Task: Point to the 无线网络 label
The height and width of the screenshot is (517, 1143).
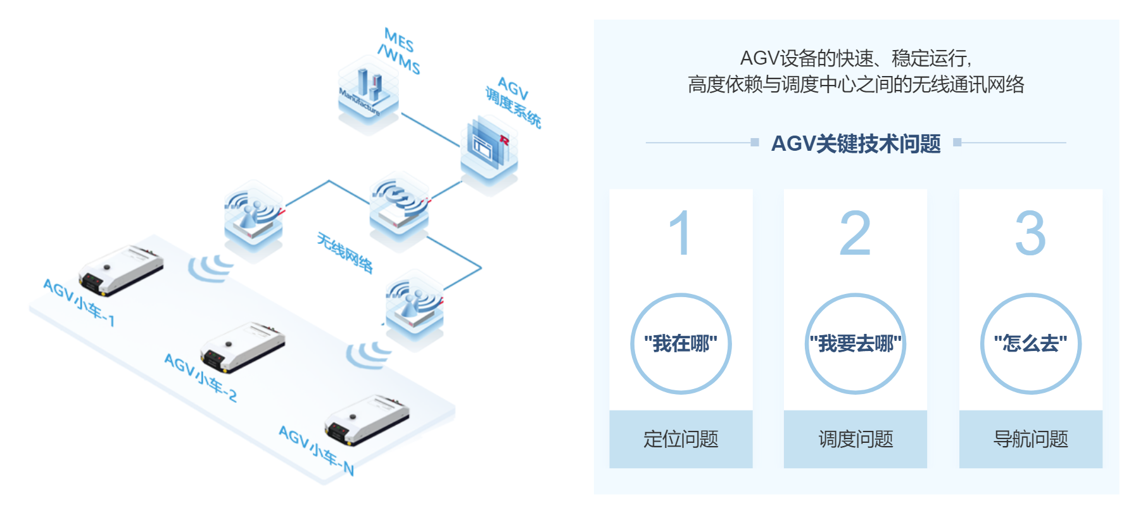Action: [x=345, y=252]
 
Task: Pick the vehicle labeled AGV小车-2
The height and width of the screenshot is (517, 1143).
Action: [x=242, y=347]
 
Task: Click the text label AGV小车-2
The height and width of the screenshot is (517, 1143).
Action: [x=201, y=378]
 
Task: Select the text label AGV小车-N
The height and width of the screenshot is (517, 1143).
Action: [x=316, y=450]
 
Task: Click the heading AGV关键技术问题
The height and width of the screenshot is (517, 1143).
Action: [x=856, y=144]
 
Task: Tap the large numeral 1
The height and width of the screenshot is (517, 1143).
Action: [x=680, y=233]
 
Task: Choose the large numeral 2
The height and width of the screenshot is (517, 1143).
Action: [x=855, y=233]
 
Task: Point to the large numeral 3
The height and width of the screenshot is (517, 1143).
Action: [x=1030, y=233]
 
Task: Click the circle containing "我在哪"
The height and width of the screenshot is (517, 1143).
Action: [x=681, y=344]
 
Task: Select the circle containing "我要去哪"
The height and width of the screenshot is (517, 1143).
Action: [x=856, y=344]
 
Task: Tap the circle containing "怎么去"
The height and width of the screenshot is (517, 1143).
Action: [x=1030, y=344]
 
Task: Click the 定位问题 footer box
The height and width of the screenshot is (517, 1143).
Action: [x=681, y=439]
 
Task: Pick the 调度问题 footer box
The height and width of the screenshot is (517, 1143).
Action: [x=856, y=439]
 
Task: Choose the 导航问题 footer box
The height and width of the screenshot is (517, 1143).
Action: [x=1030, y=439]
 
